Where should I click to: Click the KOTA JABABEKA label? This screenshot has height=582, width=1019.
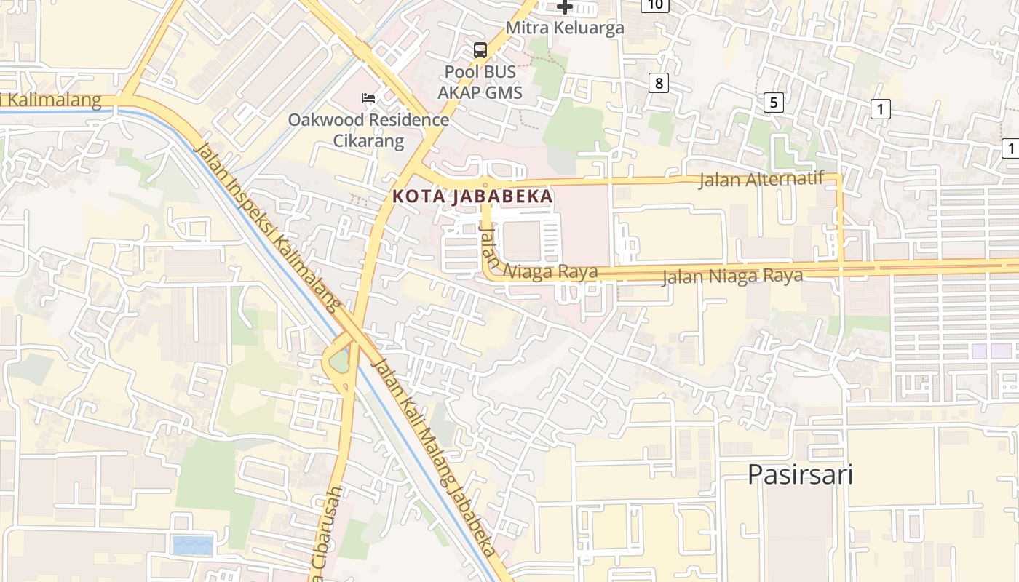tap(472, 196)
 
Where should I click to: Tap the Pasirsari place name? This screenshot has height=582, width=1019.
tap(800, 474)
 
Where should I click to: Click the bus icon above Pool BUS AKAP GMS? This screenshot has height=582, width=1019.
tap(480, 50)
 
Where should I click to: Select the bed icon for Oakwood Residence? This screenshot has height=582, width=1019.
tap(368, 98)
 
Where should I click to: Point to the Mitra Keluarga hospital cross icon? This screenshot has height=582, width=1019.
tap(565, 7)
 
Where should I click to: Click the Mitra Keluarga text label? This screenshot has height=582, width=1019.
tap(565, 28)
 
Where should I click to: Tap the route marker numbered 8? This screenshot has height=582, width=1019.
tap(659, 83)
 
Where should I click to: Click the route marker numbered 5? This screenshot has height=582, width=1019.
tap(773, 103)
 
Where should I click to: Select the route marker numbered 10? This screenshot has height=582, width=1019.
tap(655, 5)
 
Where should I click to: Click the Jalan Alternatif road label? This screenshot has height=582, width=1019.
tap(761, 179)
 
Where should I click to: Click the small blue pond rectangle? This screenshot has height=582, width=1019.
tap(193, 545)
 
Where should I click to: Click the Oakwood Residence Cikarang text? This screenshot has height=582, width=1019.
tap(368, 129)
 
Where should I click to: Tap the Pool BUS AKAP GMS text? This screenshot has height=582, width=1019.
tap(480, 82)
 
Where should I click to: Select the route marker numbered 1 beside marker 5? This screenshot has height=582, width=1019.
tap(880, 110)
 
